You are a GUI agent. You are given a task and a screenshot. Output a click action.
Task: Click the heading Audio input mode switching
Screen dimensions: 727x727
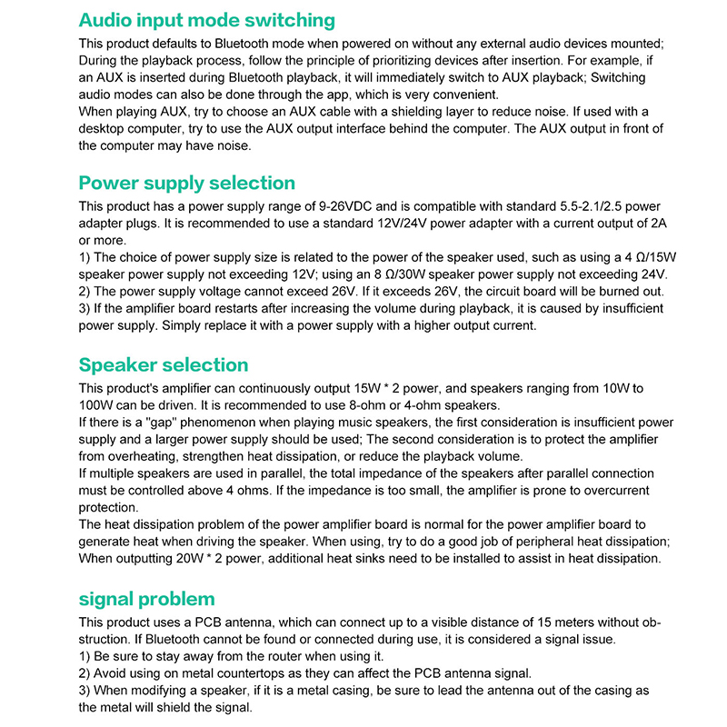pyautogui.click(x=206, y=20)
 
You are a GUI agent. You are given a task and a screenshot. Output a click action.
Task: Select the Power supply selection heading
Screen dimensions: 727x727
pyautogui.click(x=186, y=183)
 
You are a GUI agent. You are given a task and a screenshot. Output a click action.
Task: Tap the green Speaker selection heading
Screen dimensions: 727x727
pyautogui.click(x=163, y=364)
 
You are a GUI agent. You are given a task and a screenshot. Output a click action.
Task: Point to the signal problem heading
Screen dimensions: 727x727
pyautogui.click(x=146, y=599)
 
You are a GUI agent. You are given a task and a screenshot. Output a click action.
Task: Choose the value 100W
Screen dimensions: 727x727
pyautogui.click(x=96, y=405)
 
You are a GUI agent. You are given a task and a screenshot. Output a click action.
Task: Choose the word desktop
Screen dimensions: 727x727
pyautogui.click(x=105, y=129)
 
